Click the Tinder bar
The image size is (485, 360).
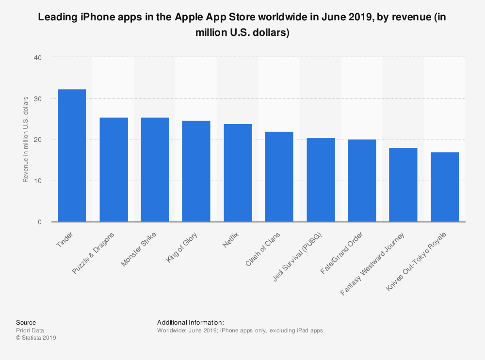tap(72, 156)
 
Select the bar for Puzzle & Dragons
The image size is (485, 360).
tap(113, 170)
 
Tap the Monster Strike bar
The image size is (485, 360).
tap(155, 170)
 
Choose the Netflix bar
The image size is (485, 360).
tap(238, 173)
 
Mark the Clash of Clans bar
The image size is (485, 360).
tap(279, 177)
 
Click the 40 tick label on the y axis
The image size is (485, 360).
tap(38, 58)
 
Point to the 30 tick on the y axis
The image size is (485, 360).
tap(38, 99)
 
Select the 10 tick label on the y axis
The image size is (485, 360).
tap(38, 181)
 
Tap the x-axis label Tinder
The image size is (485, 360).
tap(65, 240)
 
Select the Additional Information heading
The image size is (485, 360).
tap(191, 322)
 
